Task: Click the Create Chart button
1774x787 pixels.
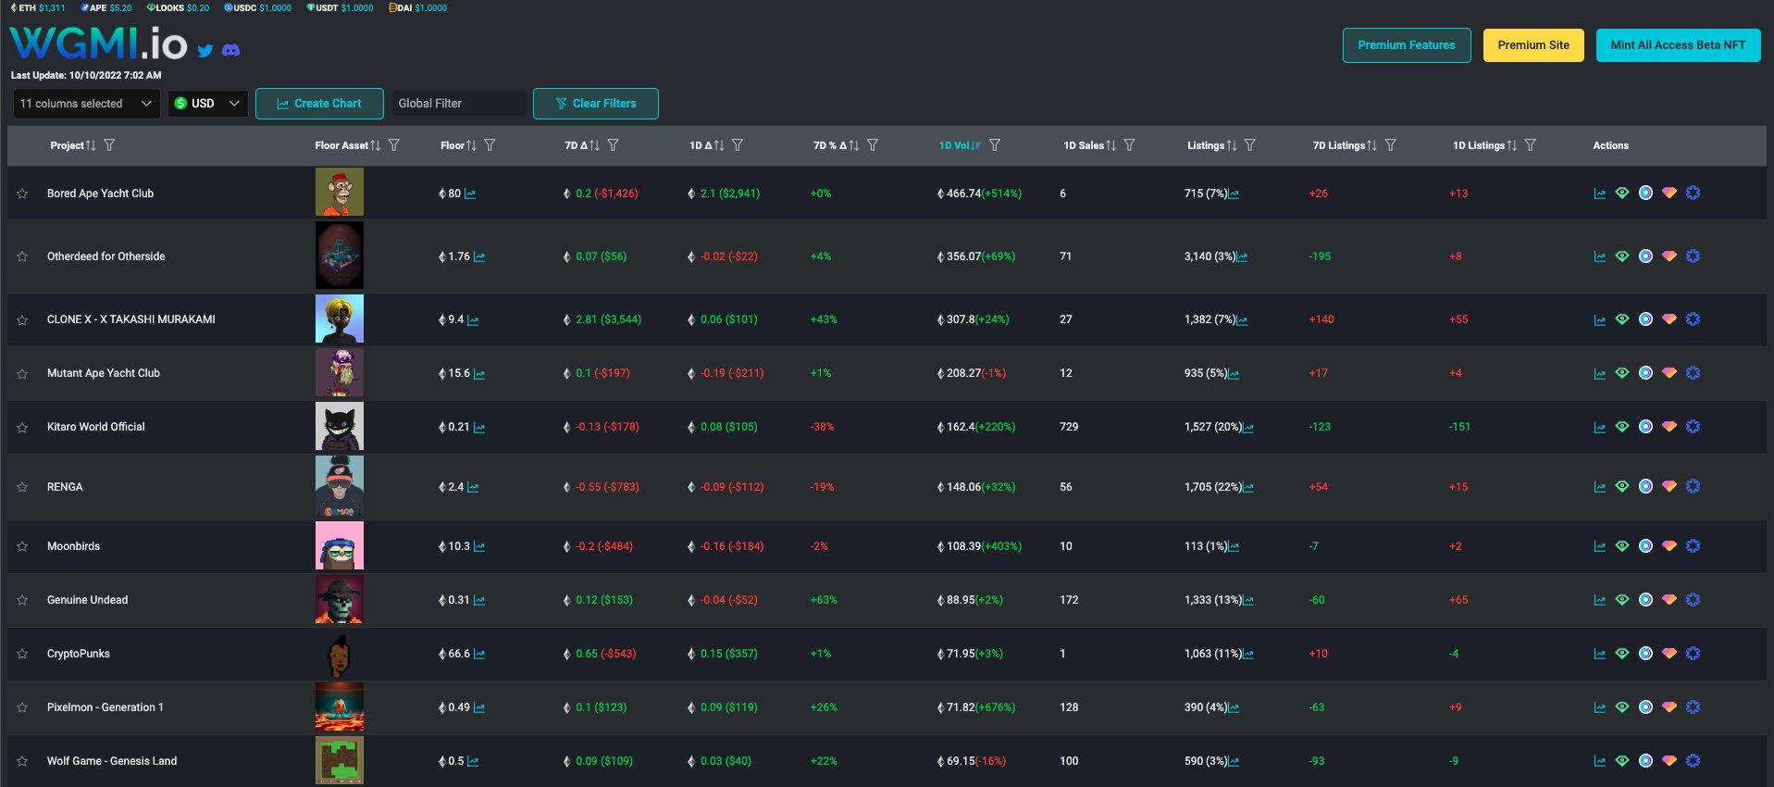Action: tap(319, 104)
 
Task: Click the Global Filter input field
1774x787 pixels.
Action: tap(459, 104)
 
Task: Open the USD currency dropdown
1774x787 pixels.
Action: tap(207, 104)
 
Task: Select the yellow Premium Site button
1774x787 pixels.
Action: tap(1532, 45)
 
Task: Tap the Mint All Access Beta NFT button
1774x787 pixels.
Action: tap(1677, 45)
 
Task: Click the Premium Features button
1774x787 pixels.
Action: tap(1406, 45)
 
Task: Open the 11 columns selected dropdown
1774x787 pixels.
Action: tap(86, 104)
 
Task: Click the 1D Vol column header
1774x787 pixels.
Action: tap(954, 145)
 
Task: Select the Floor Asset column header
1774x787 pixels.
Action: tap(341, 145)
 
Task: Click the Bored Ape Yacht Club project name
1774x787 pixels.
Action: tap(100, 194)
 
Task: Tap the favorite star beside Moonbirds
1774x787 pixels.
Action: tap(22, 546)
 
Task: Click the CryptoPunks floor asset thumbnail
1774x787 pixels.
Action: tap(339, 654)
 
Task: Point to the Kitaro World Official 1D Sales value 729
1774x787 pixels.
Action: tap(1069, 427)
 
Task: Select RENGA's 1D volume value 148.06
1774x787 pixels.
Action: tap(963, 487)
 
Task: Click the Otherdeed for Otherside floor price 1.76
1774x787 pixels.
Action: tap(459, 256)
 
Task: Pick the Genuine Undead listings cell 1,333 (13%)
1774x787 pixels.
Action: tap(1213, 600)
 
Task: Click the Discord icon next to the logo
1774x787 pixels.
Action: tap(231, 50)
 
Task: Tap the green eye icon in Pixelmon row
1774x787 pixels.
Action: tap(1622, 707)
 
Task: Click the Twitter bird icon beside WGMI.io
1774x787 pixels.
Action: tap(205, 51)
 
